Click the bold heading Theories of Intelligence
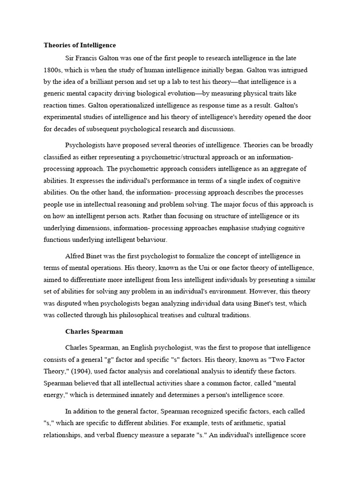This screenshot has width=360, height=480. click(x=80, y=45)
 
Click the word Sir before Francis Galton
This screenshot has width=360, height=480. click(x=70, y=58)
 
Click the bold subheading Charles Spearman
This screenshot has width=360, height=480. click(x=94, y=331)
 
